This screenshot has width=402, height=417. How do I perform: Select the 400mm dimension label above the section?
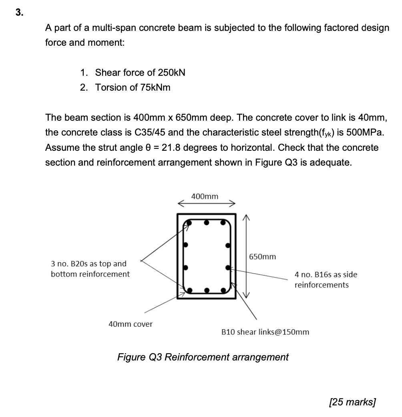tap(205, 196)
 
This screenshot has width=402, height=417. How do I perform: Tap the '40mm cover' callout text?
tap(131, 324)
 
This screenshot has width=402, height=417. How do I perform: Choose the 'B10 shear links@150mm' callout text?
tap(265, 332)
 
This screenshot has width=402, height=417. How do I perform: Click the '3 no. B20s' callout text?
tap(76, 264)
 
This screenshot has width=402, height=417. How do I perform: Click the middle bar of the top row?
tap(206, 223)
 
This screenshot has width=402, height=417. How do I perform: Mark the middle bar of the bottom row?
tap(206, 289)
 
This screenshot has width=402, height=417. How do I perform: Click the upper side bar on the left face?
tap(185, 245)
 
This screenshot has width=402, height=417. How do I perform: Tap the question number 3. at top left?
tap(19, 12)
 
